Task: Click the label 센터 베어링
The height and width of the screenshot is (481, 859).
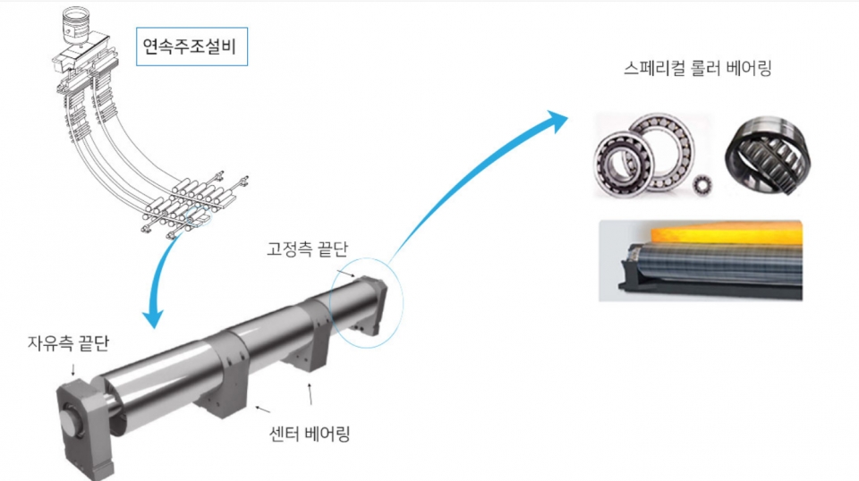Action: pos(309,435)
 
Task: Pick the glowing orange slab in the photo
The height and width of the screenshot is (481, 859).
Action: pos(707,232)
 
